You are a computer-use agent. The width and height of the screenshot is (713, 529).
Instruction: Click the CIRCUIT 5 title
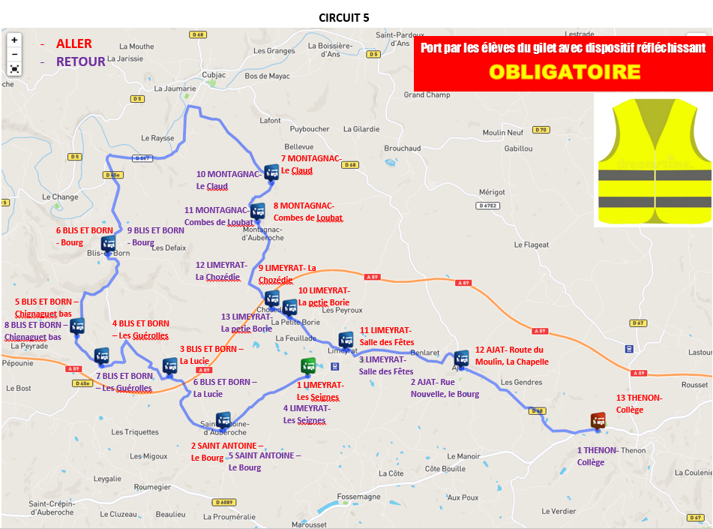tap(343, 17)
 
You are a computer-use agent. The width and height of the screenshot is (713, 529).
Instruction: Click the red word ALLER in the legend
tap(73, 44)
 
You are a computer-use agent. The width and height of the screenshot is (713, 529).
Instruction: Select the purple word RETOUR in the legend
tap(80, 62)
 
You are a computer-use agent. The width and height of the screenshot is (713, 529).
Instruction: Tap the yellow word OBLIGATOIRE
tap(564, 71)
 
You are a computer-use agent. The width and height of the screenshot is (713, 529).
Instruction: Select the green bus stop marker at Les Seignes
tap(308, 365)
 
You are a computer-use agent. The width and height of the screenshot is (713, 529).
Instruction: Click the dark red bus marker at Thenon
tap(598, 420)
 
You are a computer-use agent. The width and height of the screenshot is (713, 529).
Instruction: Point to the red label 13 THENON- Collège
tap(639, 403)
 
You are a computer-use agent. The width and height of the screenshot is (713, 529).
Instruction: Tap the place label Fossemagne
tap(358, 497)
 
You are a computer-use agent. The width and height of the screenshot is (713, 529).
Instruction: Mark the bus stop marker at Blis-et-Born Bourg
tap(109, 243)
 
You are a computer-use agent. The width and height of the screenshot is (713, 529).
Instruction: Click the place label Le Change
tap(60, 197)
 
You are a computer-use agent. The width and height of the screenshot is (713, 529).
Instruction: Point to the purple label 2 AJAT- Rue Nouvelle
tap(444, 388)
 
